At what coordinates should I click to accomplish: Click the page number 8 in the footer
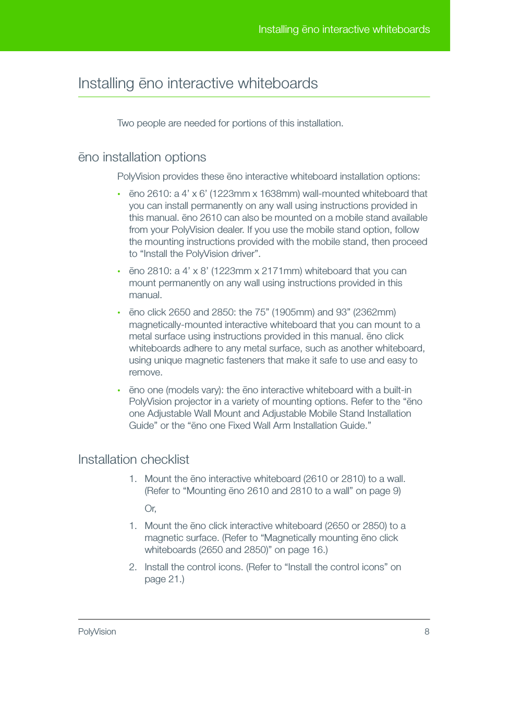tap(427, 631)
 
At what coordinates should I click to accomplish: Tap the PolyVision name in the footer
tap(97, 631)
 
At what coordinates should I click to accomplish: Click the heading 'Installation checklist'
tap(134, 459)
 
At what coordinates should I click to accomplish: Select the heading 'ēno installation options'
tap(142, 157)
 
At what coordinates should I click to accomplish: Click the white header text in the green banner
tap(344, 29)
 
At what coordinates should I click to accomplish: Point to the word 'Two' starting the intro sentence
tap(125, 123)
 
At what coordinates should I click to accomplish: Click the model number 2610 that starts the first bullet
tap(158, 194)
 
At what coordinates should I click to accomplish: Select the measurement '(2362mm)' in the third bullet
tap(374, 312)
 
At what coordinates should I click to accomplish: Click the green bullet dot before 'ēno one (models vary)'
tap(119, 391)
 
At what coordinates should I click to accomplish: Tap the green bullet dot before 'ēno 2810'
tap(119, 272)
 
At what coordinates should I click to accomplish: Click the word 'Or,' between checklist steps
tap(150, 509)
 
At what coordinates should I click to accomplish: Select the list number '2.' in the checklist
tap(133, 567)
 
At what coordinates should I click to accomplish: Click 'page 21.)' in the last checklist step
tap(164, 579)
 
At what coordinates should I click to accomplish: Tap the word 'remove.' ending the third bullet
tap(146, 372)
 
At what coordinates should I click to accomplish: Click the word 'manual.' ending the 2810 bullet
tap(146, 295)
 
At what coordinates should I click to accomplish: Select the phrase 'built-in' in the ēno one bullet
tap(397, 390)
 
